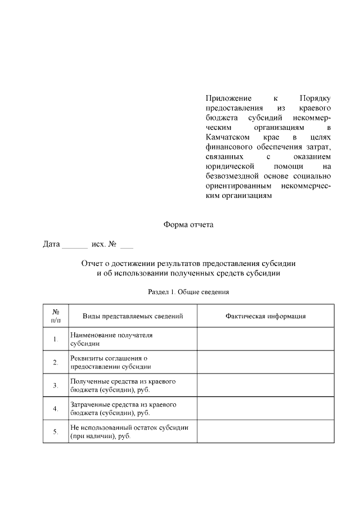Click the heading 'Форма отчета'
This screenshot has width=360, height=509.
[188, 224]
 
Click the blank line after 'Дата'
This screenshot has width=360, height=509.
[74, 245]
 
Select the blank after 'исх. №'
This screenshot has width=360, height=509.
[127, 245]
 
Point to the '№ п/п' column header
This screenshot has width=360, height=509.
[56, 316]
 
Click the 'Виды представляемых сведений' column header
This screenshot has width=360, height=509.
[133, 316]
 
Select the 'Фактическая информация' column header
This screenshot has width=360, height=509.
[265, 316]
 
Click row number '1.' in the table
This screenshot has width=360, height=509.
[56, 339]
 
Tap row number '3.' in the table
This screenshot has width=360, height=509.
[56, 385]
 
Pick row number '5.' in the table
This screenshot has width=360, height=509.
[56, 432]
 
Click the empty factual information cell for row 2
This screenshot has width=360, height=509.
[265, 362]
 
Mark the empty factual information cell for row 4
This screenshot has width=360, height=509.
[265, 408]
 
